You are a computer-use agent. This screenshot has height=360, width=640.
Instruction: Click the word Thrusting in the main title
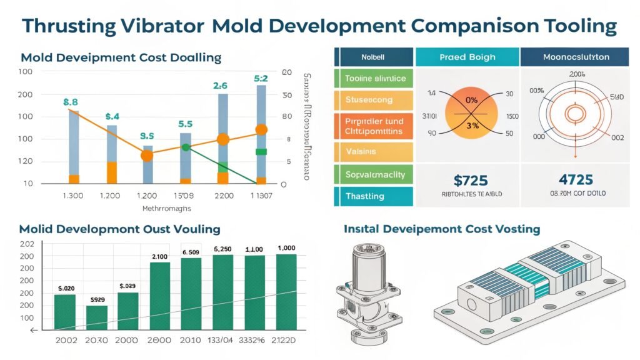click(x=68, y=26)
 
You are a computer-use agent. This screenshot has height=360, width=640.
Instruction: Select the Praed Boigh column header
click(x=467, y=57)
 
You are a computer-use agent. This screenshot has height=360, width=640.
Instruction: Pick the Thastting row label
click(x=365, y=196)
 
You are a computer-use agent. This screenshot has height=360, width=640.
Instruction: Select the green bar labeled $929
click(x=97, y=317)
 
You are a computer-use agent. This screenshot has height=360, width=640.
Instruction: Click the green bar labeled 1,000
click(x=286, y=291)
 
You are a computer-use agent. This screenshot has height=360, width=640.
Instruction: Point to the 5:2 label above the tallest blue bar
click(x=261, y=79)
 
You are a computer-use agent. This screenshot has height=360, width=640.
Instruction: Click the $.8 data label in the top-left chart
click(x=71, y=101)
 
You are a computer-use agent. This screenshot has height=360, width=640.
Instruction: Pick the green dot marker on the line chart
click(x=185, y=147)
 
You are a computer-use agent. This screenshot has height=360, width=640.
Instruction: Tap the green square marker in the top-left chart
click(x=261, y=152)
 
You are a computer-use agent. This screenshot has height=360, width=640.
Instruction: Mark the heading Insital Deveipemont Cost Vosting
click(x=442, y=229)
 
